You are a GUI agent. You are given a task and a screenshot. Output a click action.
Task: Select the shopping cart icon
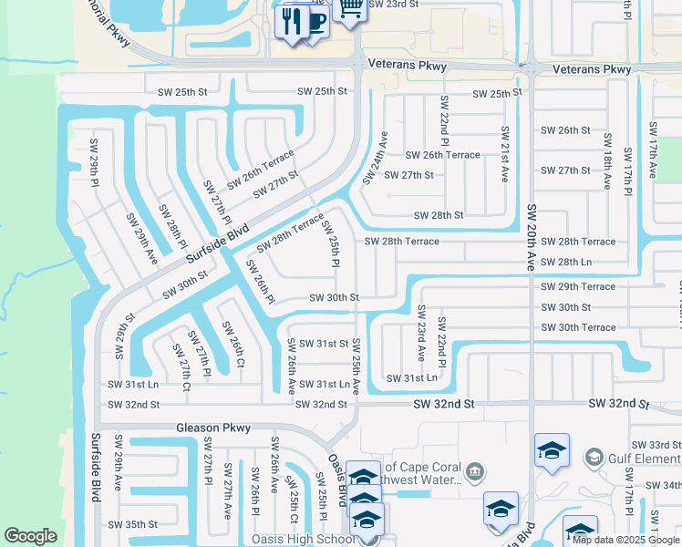(348, 7)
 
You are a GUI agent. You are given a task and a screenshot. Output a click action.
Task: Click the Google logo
(30, 536)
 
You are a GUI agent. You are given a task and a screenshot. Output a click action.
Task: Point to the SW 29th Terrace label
(577, 286)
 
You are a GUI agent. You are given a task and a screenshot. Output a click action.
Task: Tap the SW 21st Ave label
(503, 155)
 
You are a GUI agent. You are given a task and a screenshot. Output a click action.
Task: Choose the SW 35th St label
(133, 525)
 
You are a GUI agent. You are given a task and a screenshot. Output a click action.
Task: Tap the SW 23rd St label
(394, 5)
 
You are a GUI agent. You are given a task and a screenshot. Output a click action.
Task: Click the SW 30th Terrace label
(577, 327)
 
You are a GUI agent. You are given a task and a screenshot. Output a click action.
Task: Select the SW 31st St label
(318, 344)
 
